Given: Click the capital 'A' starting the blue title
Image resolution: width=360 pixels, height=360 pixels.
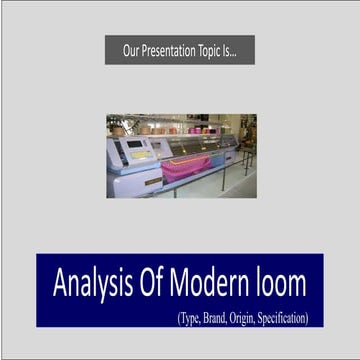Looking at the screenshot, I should click(x=57, y=284).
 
